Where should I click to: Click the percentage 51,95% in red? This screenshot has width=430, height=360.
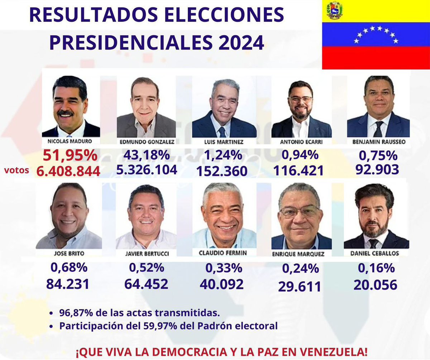pyautogui.click(x=70, y=156)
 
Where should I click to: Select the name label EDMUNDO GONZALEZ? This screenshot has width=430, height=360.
pyautogui.click(x=147, y=142)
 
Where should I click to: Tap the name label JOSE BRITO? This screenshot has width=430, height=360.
pyautogui.click(x=68, y=253)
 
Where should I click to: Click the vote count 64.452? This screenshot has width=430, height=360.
pyautogui.click(x=146, y=284)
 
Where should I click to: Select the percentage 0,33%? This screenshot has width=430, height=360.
pyautogui.click(x=224, y=268)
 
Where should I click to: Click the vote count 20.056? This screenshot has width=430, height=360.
pyautogui.click(x=375, y=285)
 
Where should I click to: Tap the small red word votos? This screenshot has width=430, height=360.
pyautogui.click(x=17, y=171)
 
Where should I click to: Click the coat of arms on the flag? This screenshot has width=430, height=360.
pyautogui.click(x=335, y=10)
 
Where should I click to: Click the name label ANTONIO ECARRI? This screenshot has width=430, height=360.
pyautogui.click(x=301, y=142)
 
